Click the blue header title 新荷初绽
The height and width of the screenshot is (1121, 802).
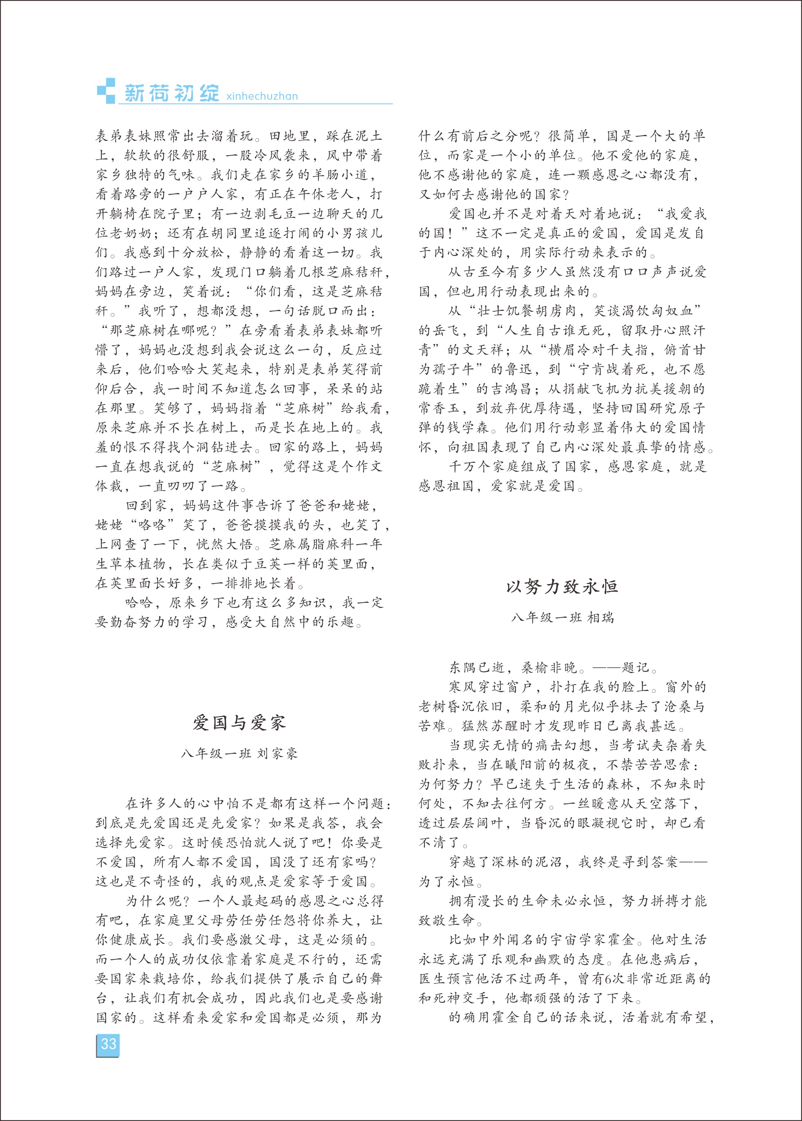(171, 93)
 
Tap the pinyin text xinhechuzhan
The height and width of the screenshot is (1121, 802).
(262, 96)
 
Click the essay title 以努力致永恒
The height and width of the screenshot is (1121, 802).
(562, 587)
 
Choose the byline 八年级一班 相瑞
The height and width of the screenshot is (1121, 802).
(562, 617)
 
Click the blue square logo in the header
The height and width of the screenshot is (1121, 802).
(106, 91)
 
